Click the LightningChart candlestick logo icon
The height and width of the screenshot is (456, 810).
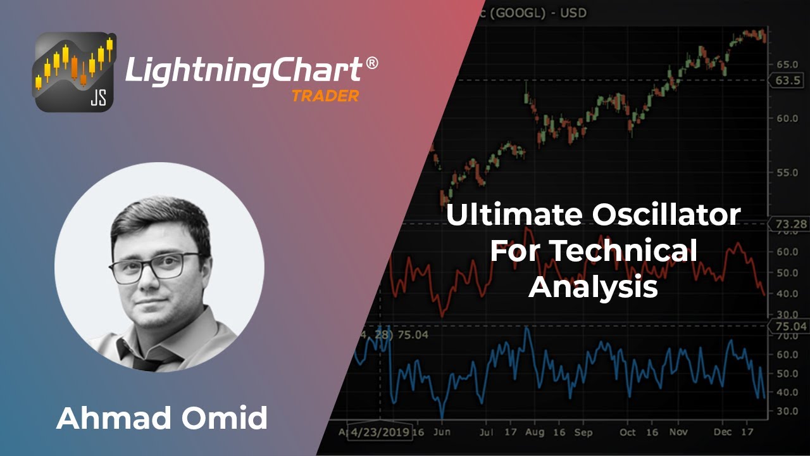75,72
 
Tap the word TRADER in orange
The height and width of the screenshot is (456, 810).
325,96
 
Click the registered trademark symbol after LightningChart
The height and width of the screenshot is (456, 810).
372,63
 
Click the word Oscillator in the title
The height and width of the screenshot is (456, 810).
666,215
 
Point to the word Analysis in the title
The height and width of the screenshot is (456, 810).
593,288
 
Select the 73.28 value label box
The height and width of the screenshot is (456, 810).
788,224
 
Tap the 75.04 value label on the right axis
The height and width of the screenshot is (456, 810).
788,327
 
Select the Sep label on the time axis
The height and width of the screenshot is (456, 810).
583,432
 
